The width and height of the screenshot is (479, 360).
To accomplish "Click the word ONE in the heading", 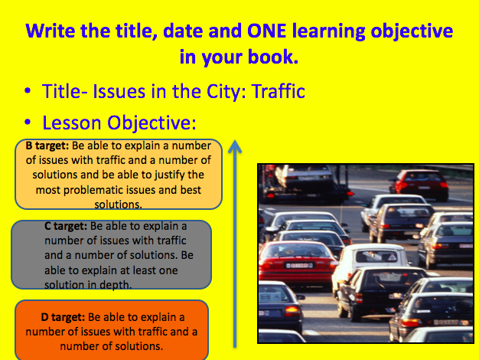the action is pos(266,31).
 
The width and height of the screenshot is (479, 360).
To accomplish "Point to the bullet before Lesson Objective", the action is pos(28,122).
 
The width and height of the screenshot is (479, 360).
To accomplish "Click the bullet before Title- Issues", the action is pos(28,91).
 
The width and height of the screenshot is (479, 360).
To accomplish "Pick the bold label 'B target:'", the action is pos(47,146).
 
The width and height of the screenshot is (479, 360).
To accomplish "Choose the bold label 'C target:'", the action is pos(66,226).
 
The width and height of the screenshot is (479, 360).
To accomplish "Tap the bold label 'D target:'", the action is pos(63,317).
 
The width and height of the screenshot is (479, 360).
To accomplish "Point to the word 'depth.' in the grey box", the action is pos(116,285).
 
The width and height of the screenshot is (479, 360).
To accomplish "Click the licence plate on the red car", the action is pos(299,266).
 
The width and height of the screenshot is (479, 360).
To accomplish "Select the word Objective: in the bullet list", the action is pos(152,123).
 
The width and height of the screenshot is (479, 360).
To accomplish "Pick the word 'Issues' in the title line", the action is pos(119,91).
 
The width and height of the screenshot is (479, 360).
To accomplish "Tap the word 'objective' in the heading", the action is pos(412,32).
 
